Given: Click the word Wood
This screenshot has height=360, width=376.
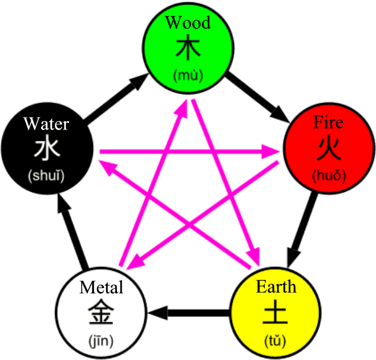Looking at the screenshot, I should tap(188, 23).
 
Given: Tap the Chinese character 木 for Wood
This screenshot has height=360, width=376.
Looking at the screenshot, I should tap(188, 49).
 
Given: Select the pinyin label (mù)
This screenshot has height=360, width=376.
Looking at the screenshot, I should tap(188, 74).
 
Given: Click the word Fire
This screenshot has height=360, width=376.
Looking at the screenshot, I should tap(329, 123).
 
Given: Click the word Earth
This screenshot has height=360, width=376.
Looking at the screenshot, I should tap(276, 286).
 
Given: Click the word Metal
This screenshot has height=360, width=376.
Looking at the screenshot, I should tap(102, 287).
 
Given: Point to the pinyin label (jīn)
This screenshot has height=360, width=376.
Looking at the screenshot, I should tap(101, 341).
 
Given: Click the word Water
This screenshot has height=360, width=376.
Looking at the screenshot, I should tap(46, 123).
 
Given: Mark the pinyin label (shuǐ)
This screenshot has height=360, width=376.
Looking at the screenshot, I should tap(46, 175).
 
